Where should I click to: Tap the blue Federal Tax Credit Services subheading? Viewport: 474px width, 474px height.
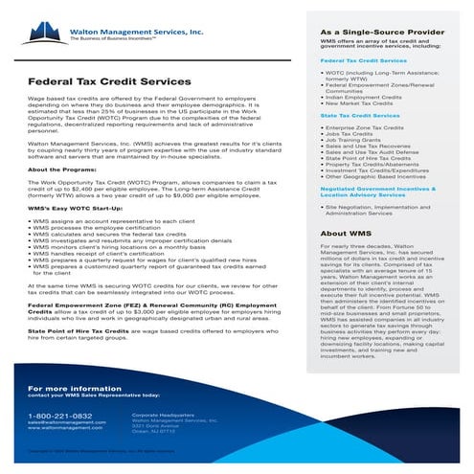tap(368, 59)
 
